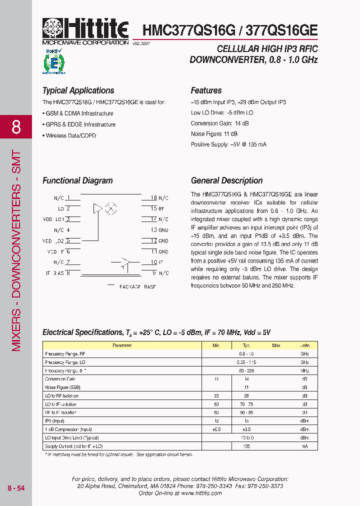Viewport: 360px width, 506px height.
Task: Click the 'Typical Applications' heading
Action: (x=78, y=90)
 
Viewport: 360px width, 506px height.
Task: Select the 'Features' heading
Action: (x=206, y=90)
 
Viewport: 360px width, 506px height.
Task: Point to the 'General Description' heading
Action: (x=226, y=180)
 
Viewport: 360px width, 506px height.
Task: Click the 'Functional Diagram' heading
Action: (x=77, y=180)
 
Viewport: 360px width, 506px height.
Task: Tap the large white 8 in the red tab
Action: (x=16, y=127)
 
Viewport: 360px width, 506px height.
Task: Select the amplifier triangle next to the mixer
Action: (x=98, y=208)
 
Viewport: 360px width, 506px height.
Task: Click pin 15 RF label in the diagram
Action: (x=159, y=208)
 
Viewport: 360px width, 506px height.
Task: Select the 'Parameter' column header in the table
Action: (x=122, y=345)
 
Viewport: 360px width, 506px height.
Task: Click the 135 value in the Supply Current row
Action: (x=246, y=446)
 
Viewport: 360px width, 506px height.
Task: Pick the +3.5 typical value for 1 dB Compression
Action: (x=246, y=429)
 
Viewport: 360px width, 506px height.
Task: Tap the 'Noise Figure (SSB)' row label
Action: (x=62, y=387)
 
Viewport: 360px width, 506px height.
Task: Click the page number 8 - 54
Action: (x=16, y=487)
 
